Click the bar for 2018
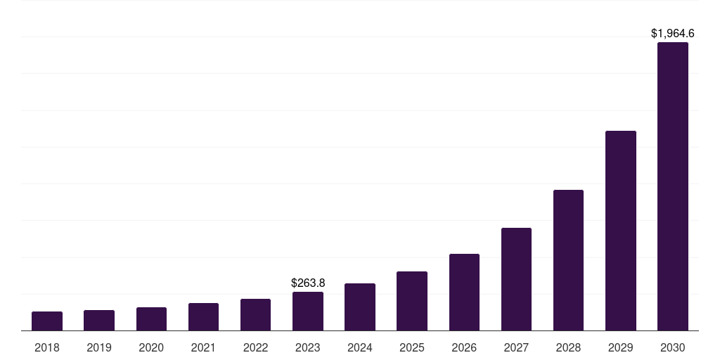pos(47,321)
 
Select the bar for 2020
pos(151,319)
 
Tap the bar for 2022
pos(255,315)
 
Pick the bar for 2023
pos(308,311)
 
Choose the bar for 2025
pos(412,301)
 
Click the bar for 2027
pos(516,279)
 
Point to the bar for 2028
pos(568,260)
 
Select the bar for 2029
pos(621,231)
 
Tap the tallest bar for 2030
pos(673,186)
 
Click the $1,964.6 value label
pos(673,33)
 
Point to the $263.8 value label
pos(308,283)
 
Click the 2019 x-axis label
pos(99,347)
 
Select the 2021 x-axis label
pos(203,347)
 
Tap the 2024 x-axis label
pos(360,347)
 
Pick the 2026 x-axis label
pos(464,347)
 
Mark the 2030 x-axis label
pos(673,347)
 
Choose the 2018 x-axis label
pos(47,347)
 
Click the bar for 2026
pos(464,292)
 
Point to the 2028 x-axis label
pos(568,347)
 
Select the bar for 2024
pos(360,307)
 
